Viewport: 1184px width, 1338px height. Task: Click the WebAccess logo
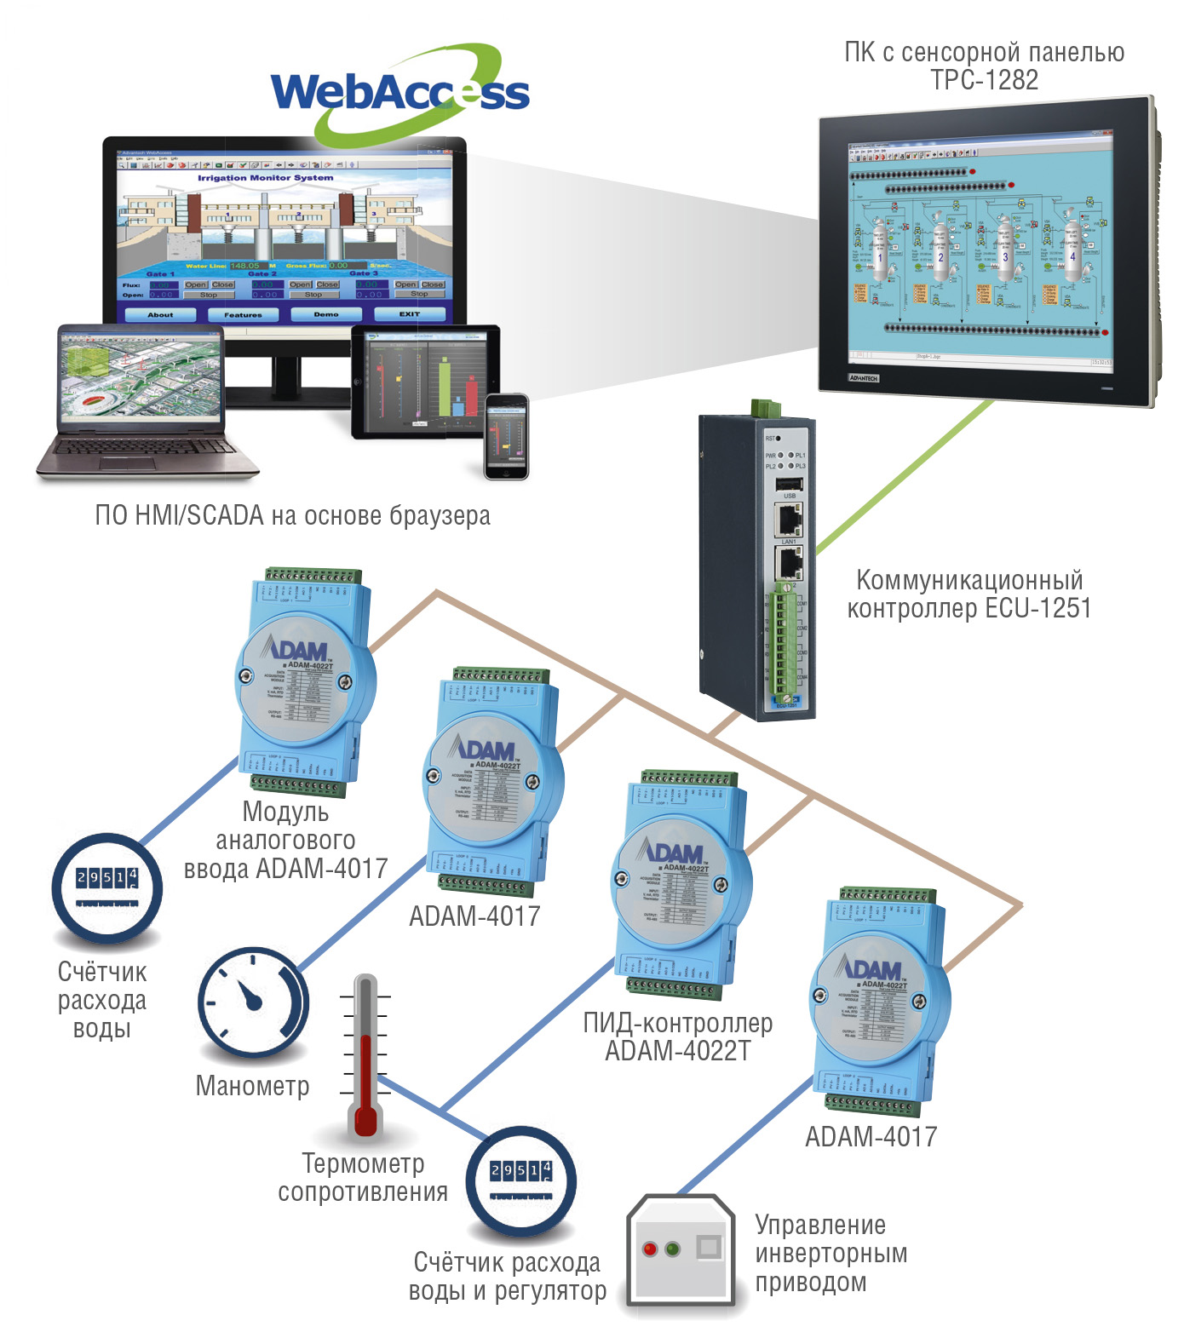click(399, 92)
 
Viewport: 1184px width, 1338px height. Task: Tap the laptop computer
click(145, 400)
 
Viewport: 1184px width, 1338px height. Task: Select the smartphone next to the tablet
click(507, 436)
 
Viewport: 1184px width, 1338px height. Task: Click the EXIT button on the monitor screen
click(410, 314)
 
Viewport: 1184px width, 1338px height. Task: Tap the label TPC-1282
click(985, 80)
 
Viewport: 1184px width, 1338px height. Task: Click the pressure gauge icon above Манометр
click(252, 1003)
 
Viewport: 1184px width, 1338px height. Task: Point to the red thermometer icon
click(365, 1056)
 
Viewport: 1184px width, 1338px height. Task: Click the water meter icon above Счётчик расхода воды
click(106, 887)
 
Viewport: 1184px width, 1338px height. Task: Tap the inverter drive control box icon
click(681, 1249)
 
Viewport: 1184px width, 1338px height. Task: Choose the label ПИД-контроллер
click(678, 1023)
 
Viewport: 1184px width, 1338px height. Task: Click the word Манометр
click(253, 1086)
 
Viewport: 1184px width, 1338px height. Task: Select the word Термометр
click(364, 1163)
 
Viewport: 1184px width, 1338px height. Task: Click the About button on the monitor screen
click(160, 314)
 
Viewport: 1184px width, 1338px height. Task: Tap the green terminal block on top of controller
click(766, 407)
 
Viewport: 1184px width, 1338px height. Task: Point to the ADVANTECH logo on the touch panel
click(864, 377)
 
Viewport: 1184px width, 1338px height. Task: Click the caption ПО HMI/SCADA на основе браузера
click(292, 515)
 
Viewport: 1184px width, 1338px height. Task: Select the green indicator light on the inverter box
click(673, 1249)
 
